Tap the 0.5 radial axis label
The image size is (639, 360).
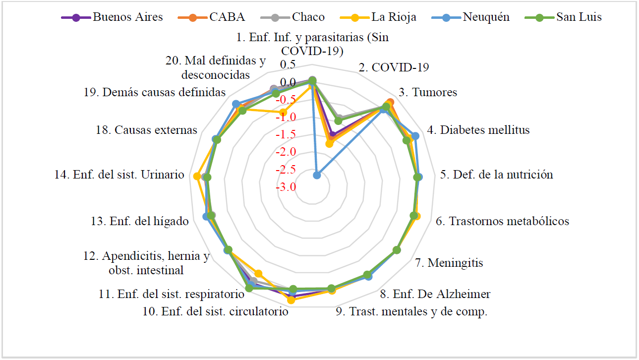[288, 65]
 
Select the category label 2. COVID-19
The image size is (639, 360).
[394, 68]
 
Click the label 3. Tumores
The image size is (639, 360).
[428, 92]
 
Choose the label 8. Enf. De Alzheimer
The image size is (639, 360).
[435, 294]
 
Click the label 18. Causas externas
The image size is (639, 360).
[146, 130]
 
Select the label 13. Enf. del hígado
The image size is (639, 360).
[140, 221]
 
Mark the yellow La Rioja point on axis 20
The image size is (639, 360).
[283, 113]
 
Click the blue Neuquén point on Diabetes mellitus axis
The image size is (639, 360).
[415, 136]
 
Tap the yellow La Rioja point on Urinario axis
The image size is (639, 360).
[197, 176]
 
